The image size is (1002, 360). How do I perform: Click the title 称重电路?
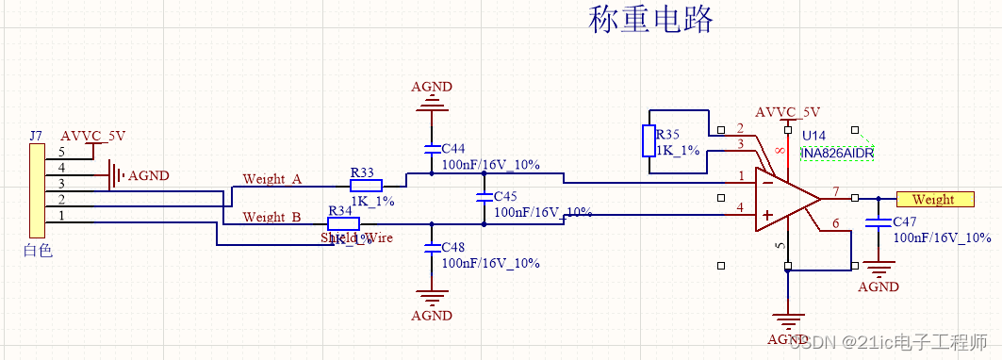pyautogui.click(x=650, y=19)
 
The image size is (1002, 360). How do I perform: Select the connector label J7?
pyautogui.click(x=36, y=136)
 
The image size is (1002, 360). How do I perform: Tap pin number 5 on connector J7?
pyautogui.click(x=62, y=152)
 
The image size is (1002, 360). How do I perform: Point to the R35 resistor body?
pyautogui.click(x=649, y=140)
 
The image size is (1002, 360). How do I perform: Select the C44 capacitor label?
pyautogui.click(x=453, y=149)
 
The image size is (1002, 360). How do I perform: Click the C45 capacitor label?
pyautogui.click(x=506, y=197)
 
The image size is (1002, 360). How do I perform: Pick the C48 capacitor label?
pyautogui.click(x=453, y=247)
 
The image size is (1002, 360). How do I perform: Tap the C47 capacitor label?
pyautogui.click(x=905, y=221)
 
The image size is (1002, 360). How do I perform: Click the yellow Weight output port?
pyautogui.click(x=933, y=199)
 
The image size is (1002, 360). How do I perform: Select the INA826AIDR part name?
pyautogui.click(x=837, y=153)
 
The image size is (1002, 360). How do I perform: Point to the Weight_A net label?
pyautogui.click(x=271, y=179)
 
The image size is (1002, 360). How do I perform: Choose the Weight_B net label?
pyautogui.click(x=271, y=217)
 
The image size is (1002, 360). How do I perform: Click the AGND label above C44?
pyautogui.click(x=432, y=87)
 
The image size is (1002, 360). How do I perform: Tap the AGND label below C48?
pyautogui.click(x=432, y=316)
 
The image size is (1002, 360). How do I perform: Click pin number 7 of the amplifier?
pyautogui.click(x=834, y=193)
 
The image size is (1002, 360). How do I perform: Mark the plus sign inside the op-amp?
pyautogui.click(x=767, y=217)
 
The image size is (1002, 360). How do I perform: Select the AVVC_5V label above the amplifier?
pyautogui.click(x=787, y=110)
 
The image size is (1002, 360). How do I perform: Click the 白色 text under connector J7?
pyautogui.click(x=37, y=251)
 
